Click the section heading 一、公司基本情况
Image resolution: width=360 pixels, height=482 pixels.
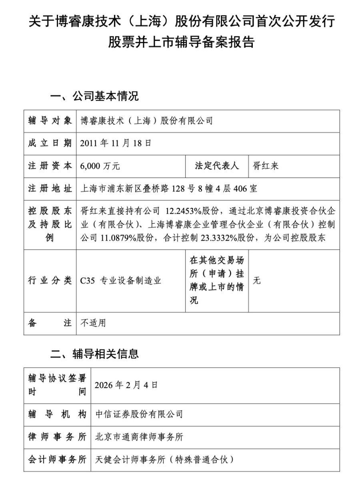pos(94,96)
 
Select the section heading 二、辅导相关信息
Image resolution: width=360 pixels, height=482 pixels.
pos(94,353)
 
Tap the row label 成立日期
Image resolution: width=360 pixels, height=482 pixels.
pos(50,143)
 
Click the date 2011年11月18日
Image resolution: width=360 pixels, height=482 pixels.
pos(116,143)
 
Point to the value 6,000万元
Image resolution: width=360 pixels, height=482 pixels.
pos(100,166)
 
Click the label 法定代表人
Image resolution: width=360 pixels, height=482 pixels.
pos(216,166)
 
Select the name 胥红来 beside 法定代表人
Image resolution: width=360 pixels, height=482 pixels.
pos(266,166)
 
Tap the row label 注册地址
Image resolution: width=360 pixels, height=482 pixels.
pos(50,188)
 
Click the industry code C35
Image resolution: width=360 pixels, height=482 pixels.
pos(88,281)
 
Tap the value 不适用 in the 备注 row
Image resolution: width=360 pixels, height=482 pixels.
pos(93,323)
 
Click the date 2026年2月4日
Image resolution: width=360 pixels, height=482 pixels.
pos(126,385)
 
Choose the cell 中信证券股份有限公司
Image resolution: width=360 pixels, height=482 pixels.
pos(139,414)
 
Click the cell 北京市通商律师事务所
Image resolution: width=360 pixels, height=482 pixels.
pos(139,437)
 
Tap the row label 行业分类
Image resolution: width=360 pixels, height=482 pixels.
pos(50,281)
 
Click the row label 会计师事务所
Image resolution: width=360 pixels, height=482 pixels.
pos(57,460)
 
